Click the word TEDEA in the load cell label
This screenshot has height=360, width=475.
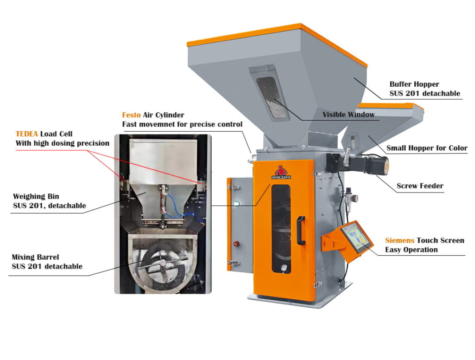point(27,134)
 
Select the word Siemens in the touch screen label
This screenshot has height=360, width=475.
point(400,240)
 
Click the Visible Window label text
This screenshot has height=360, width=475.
point(348,115)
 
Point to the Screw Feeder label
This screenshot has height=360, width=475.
point(420,186)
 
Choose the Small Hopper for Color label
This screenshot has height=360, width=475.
point(427,148)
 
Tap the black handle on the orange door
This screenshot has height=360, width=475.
point(301,231)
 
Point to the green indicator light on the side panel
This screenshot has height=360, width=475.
point(238,203)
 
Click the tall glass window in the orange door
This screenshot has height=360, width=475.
point(281,227)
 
